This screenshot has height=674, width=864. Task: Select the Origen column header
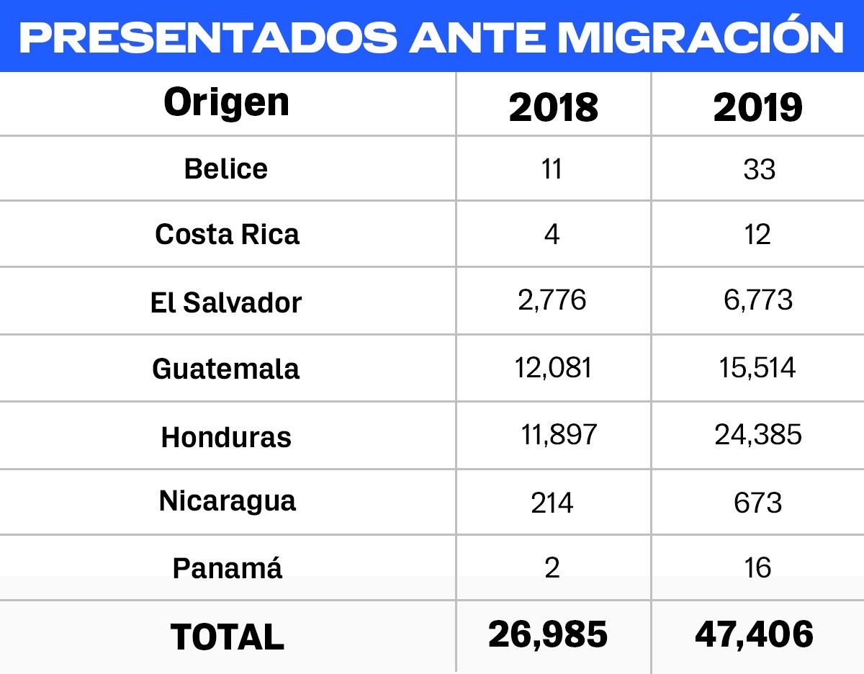pyautogui.click(x=227, y=103)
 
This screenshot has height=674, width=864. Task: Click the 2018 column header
pyautogui.click(x=553, y=107)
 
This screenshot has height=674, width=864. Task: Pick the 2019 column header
pyautogui.click(x=757, y=107)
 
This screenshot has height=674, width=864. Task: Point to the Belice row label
pyautogui.click(x=226, y=168)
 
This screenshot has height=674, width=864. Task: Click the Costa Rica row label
pyautogui.click(x=227, y=235)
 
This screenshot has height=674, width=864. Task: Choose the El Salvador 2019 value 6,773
pyautogui.click(x=758, y=300)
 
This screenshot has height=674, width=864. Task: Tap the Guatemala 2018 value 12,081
pyautogui.click(x=553, y=367)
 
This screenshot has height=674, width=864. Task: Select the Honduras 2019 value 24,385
pyautogui.click(x=758, y=434)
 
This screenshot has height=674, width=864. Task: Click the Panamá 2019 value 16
pyautogui.click(x=757, y=568)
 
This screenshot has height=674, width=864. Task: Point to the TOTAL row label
pyautogui.click(x=228, y=637)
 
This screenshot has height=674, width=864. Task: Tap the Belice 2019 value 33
pyautogui.click(x=759, y=169)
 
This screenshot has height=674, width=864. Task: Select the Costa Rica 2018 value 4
pyautogui.click(x=552, y=235)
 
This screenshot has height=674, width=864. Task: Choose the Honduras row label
pyautogui.click(x=226, y=437)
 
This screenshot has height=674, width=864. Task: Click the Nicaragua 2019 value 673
pyautogui.click(x=758, y=503)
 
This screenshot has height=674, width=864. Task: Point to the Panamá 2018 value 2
pyautogui.click(x=552, y=568)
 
